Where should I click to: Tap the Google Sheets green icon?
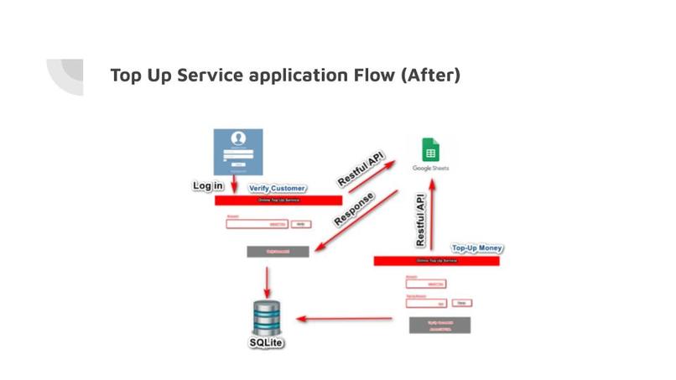pos(430,149)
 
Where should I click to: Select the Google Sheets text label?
pos(430,169)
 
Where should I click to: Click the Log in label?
pos(208,185)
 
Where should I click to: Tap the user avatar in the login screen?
pos(238,140)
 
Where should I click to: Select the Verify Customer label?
pos(277,189)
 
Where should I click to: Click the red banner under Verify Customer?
pos(278,200)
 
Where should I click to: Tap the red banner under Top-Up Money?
pos(436,261)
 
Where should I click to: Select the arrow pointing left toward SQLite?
pos(345,319)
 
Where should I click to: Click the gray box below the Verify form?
pos(278,251)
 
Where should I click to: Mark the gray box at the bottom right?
pos(439,325)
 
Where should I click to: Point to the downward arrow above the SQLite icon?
pos(267,279)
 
